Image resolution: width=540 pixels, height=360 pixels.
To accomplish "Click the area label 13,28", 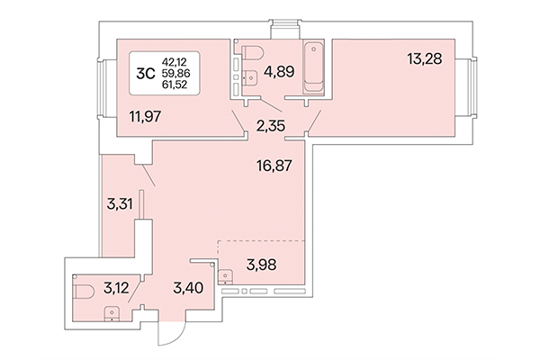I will click(x=425, y=60).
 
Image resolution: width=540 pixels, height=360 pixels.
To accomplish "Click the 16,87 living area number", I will click(x=275, y=166).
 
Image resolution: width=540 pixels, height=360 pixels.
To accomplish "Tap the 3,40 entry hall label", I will click(x=188, y=289).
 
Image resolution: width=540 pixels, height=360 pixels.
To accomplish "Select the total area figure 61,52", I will click(x=176, y=85).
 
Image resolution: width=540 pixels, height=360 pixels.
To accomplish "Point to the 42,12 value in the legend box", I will click(x=176, y=60).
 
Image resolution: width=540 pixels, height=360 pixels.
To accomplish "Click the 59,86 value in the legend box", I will click(x=176, y=73).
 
